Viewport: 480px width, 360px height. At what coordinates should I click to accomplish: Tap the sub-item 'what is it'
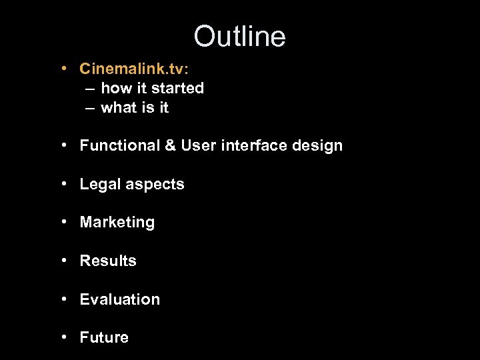pos(135,107)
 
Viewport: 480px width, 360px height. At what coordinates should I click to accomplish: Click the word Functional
pos(119,145)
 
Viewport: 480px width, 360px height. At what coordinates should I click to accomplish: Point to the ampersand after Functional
pos(170,145)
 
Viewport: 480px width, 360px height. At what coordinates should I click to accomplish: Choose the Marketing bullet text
pos(117,223)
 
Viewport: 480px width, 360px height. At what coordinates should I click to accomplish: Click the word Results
pos(108,261)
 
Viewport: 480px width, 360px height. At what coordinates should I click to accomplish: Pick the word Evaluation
pos(120,299)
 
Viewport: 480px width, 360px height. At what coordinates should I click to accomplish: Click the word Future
pos(104,337)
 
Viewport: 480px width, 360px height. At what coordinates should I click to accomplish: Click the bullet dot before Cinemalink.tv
pos(62,69)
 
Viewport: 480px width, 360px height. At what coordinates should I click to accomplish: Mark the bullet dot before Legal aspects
pos(62,184)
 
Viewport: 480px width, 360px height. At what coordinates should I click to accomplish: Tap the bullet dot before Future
pos(62,337)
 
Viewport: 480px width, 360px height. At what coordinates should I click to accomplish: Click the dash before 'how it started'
pos(89,88)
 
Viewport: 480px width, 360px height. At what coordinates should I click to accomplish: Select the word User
pos(198,145)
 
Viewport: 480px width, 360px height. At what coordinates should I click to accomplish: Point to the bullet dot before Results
pos(62,261)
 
